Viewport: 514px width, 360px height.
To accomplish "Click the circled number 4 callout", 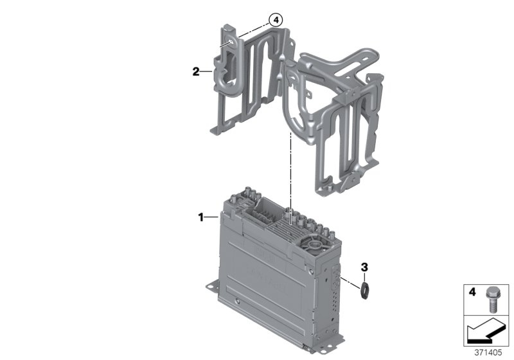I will point(276,20).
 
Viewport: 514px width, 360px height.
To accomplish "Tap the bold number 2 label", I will point(195,72).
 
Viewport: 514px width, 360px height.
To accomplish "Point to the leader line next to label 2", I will point(207,72).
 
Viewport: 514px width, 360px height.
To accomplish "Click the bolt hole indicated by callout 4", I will point(228,44).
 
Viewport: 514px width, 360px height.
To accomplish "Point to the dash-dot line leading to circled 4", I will point(251,32).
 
